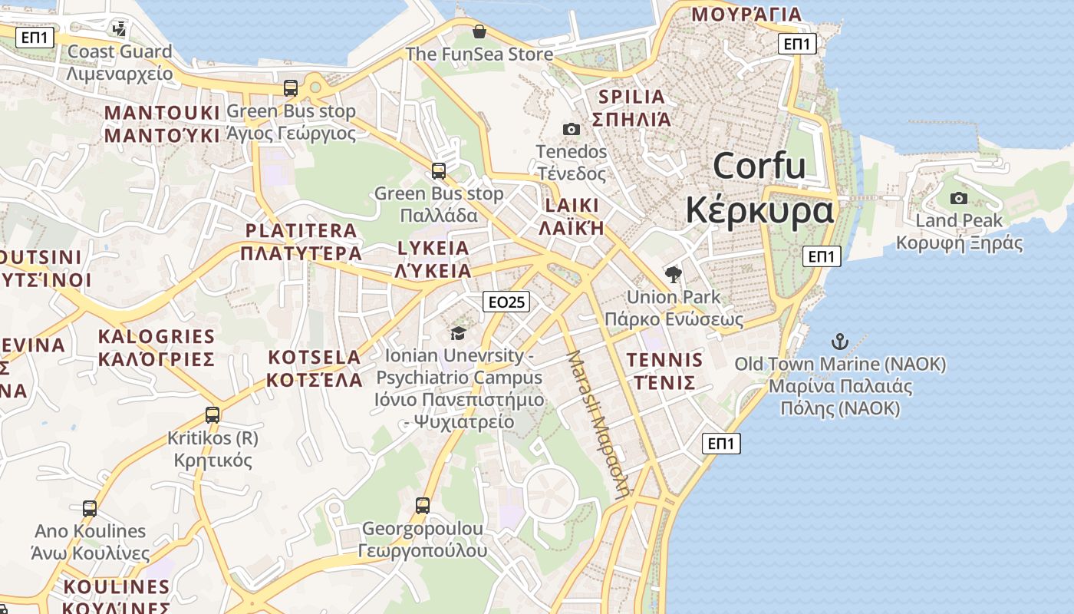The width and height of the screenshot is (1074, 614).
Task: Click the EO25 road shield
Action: tap(507, 302)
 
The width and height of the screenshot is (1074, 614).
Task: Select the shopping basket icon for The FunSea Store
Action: tap(479, 31)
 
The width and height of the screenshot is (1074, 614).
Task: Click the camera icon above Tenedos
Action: tap(571, 129)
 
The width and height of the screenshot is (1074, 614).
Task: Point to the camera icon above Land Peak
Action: tap(958, 199)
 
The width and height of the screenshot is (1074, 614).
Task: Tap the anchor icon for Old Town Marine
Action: tap(840, 342)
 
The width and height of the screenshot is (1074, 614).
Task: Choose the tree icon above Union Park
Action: tap(674, 274)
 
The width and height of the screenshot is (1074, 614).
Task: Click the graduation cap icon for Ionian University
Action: tap(458, 333)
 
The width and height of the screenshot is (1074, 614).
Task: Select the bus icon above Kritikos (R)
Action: tap(212, 415)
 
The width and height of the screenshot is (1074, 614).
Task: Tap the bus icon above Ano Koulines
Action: tap(90, 508)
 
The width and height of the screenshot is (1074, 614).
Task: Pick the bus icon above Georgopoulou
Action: tap(423, 506)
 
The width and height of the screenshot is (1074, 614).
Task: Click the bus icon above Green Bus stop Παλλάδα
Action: tap(439, 171)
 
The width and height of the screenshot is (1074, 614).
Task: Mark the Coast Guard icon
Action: tap(119, 29)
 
